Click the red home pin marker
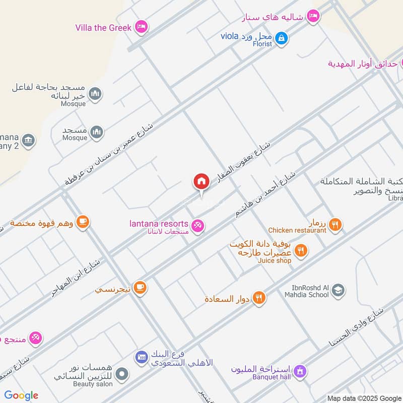click(201, 182)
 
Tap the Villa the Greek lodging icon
click(141, 27)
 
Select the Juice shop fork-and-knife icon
click(301, 250)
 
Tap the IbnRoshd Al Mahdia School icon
click(338, 290)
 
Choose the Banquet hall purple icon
click(300, 372)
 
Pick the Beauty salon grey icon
click(121, 374)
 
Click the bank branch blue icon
click(142, 357)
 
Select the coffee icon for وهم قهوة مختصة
click(83, 221)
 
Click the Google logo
click(21, 395)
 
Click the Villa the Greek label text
click(104, 28)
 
